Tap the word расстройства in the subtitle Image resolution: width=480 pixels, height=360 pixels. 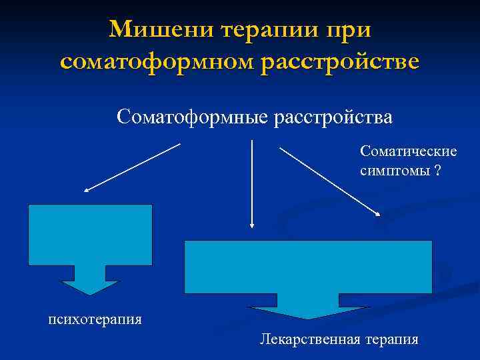[x=333, y=117]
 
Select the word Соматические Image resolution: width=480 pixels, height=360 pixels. [x=409, y=152]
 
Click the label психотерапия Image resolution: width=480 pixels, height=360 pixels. [x=95, y=319]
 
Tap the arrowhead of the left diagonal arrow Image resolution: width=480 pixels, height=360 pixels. [x=87, y=190]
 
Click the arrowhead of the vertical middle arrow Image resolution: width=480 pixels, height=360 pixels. [x=251, y=225]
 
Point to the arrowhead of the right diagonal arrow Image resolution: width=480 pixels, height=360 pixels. [x=377, y=215]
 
